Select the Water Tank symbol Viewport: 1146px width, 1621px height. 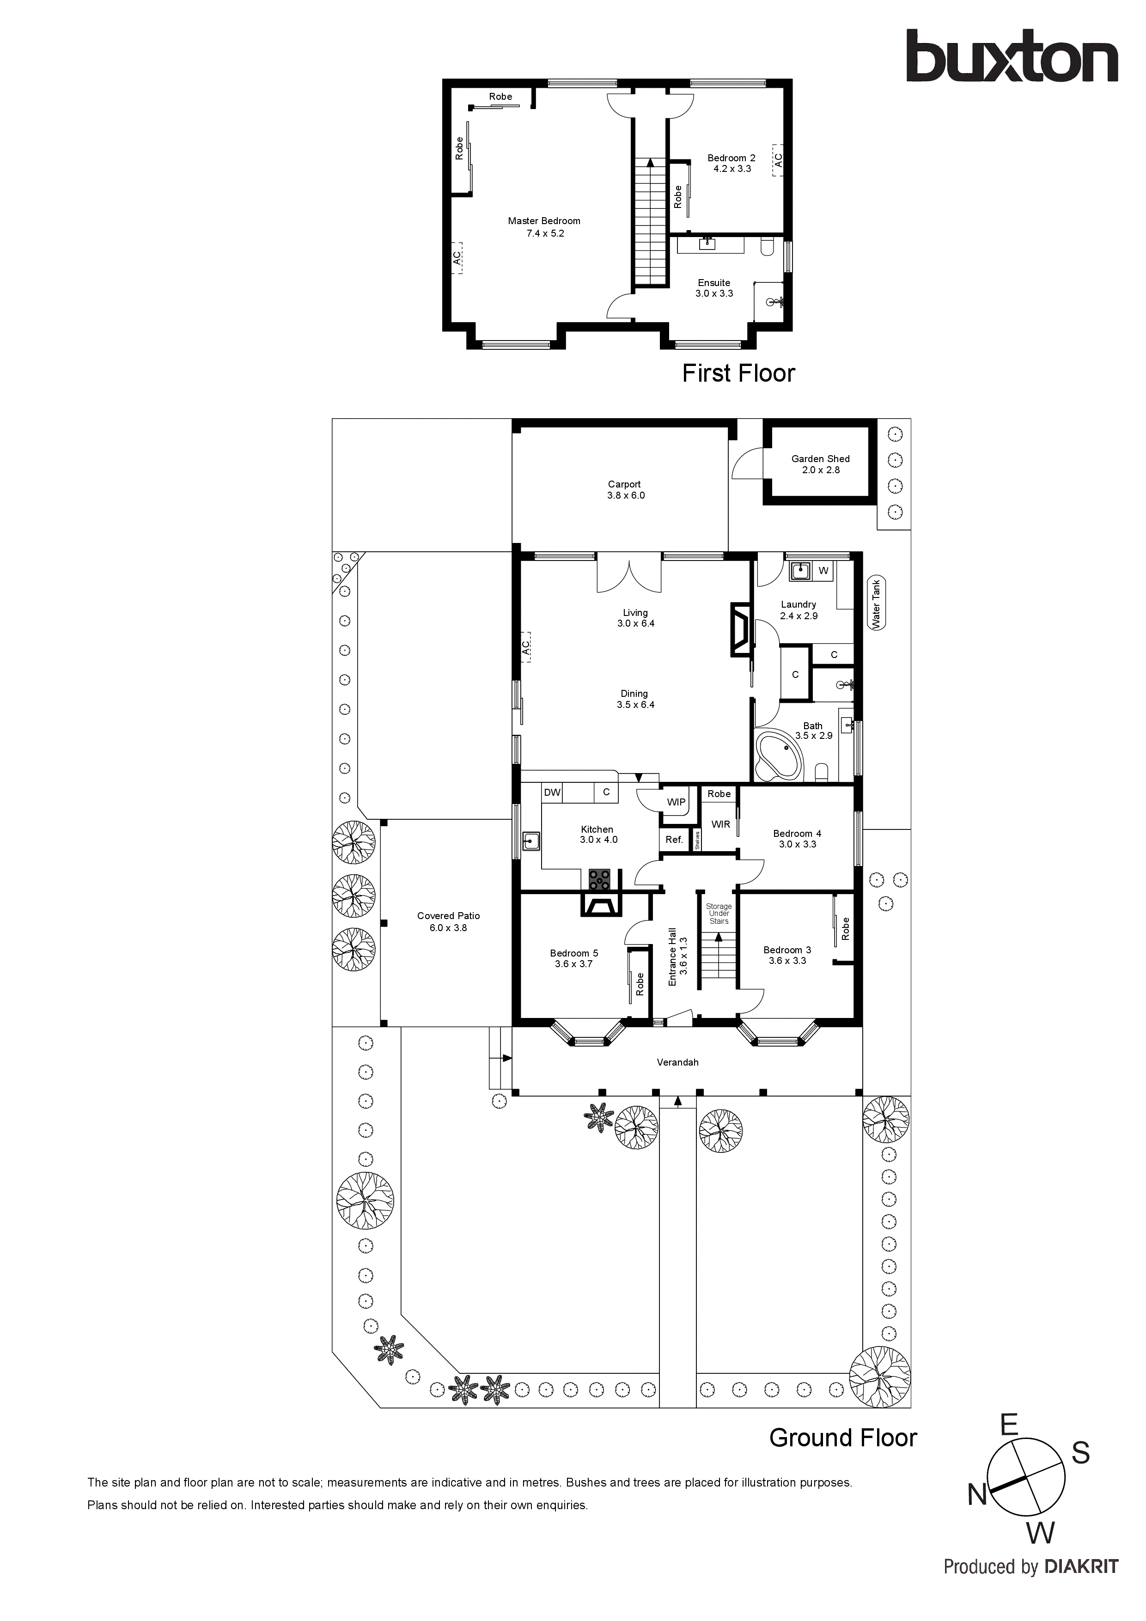tap(876, 603)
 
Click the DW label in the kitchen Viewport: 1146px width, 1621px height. tap(552, 792)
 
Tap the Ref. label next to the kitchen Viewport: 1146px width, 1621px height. tap(674, 840)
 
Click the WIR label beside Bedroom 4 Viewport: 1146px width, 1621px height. tap(720, 824)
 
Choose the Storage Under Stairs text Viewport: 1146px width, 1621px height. tap(719, 914)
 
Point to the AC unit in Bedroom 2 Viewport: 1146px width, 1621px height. tap(778, 160)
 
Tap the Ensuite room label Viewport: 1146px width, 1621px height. tap(714, 282)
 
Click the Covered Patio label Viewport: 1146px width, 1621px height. tap(448, 916)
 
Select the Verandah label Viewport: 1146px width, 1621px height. tap(677, 1062)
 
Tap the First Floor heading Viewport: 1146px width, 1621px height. tap(738, 373)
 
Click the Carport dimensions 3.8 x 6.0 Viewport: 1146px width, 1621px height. tap(626, 496)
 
